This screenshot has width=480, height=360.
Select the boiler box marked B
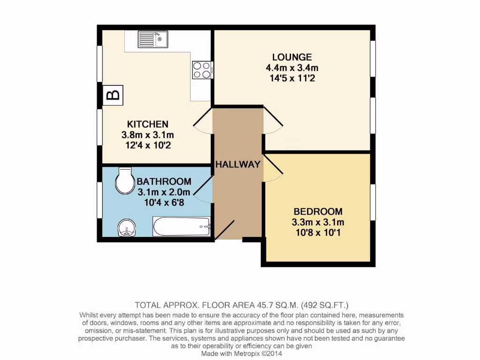pyautogui.click(x=112, y=95)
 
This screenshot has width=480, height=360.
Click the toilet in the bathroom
pyautogui.click(x=125, y=181)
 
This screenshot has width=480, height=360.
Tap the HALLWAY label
pyautogui.click(x=238, y=165)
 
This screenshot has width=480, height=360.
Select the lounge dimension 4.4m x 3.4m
pyautogui.click(x=292, y=68)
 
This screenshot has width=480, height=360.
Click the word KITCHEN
pyautogui.click(x=148, y=124)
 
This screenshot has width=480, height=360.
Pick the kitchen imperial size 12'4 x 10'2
pyautogui.click(x=148, y=145)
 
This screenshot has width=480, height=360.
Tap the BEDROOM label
pyautogui.click(x=318, y=211)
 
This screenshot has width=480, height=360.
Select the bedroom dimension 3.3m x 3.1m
pyautogui.click(x=318, y=222)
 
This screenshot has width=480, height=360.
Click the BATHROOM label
pyautogui.click(x=164, y=181)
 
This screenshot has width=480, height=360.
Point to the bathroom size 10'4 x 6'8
pyautogui.click(x=164, y=202)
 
